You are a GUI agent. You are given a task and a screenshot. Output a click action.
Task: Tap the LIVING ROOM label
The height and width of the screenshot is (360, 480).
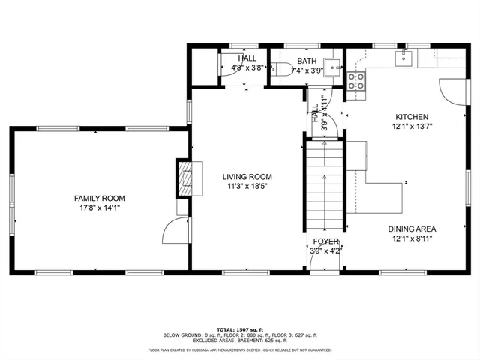tap(247, 177)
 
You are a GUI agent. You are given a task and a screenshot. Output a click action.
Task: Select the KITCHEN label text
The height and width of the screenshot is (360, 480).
tap(412, 117)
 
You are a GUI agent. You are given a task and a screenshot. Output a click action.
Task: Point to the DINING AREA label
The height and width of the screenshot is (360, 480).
tap(412, 229)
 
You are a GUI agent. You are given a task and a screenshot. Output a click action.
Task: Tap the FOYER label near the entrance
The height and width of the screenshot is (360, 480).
tap(326, 241)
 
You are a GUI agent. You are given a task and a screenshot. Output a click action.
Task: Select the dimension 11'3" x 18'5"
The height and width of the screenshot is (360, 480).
tap(247, 187)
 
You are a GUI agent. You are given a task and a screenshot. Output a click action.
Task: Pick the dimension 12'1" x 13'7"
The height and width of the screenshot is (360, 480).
tap(412, 127)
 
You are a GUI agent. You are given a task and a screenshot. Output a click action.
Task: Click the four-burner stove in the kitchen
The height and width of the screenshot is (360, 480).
tap(356, 80)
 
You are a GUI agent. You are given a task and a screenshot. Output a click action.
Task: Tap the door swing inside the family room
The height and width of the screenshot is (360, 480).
tap(175, 229)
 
